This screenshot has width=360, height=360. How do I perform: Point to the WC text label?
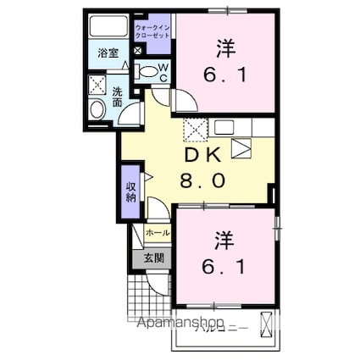click(163, 71)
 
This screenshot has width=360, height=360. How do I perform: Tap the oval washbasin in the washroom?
click(96, 108)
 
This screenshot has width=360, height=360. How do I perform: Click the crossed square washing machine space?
click(95, 85)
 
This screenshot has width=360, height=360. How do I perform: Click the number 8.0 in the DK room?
click(202, 180)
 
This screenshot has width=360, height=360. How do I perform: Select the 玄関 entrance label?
click(152, 258)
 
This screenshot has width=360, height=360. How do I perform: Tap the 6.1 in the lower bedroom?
click(224, 268)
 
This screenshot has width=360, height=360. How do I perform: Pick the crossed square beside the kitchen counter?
click(196, 130)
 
